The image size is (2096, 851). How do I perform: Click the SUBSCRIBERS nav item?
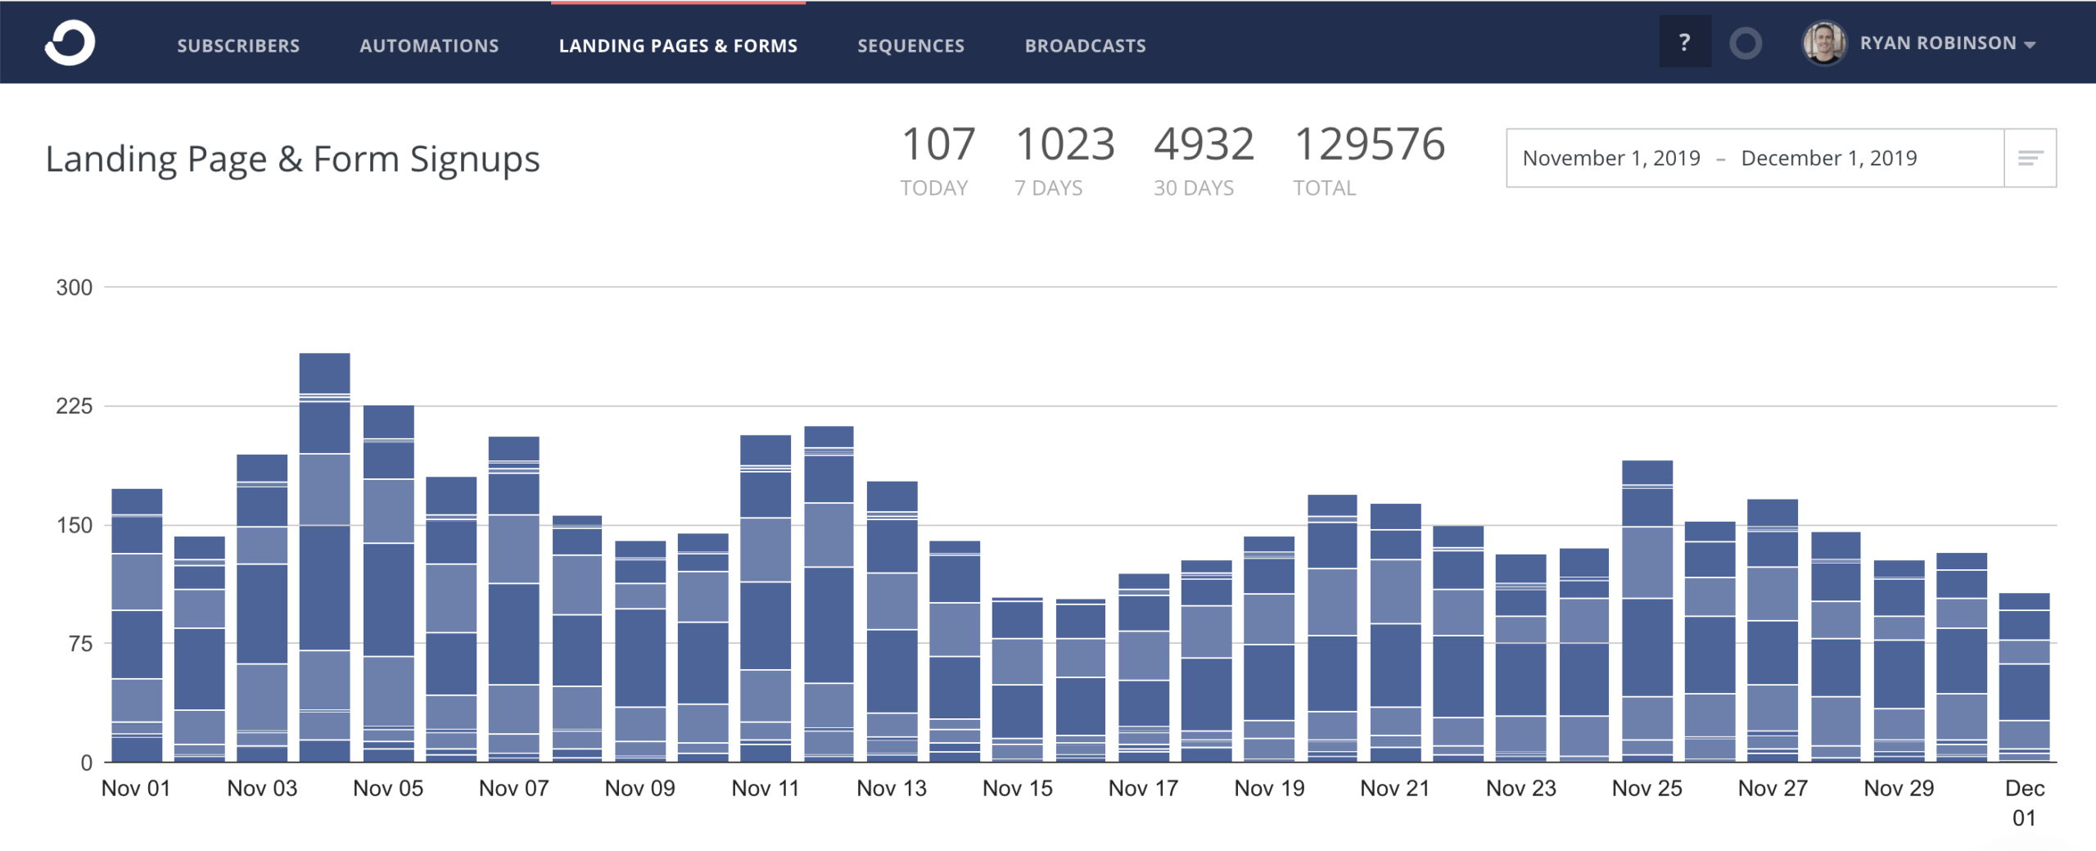[x=238, y=46]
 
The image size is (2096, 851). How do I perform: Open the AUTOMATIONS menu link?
[x=429, y=46]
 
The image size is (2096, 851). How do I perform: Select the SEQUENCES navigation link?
[x=910, y=46]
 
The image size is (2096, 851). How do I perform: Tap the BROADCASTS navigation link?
[x=1085, y=46]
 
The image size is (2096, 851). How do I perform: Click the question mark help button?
[x=1684, y=43]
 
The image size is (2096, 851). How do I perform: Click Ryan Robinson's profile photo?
[x=1823, y=43]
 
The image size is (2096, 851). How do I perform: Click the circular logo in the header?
[x=70, y=43]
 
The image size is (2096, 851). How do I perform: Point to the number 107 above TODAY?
[x=937, y=144]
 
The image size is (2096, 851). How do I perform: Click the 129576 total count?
[x=1369, y=144]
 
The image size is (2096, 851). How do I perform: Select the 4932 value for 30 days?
[x=1204, y=144]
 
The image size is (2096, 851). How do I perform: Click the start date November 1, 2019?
[x=1610, y=158]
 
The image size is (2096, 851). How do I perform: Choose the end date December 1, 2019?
[x=1828, y=158]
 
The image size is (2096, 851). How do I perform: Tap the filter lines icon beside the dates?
[x=2030, y=158]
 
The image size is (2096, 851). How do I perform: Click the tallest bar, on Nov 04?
[x=324, y=557]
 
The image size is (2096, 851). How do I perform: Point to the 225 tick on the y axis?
[x=74, y=406]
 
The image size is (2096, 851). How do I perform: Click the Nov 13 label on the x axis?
[x=891, y=788]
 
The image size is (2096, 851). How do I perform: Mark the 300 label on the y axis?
[x=74, y=287]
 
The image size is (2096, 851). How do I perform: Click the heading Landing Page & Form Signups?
[x=292, y=159]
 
